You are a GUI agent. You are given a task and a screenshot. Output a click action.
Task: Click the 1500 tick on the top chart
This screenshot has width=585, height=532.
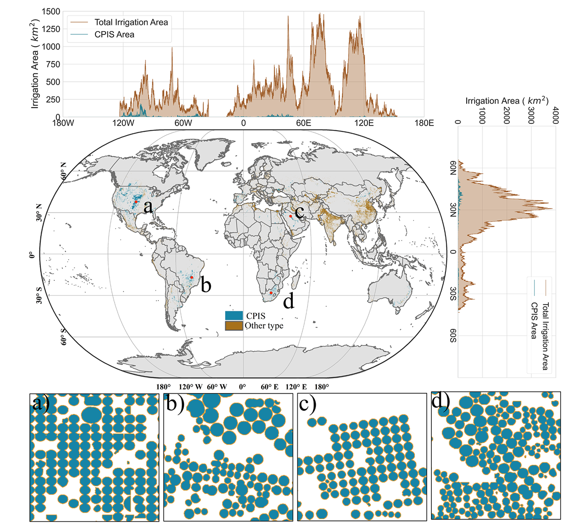(x=51, y=11)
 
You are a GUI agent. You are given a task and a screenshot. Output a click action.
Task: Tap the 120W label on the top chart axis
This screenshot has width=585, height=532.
(x=123, y=123)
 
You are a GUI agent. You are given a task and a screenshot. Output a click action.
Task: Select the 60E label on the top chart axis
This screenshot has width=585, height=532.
(x=304, y=123)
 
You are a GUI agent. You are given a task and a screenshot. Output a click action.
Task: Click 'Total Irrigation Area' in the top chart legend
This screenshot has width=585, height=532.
(x=131, y=22)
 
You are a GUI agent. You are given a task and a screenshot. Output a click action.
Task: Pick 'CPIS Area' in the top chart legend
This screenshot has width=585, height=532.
(x=114, y=34)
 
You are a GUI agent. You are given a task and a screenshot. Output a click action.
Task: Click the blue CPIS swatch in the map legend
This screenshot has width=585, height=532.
(x=234, y=316)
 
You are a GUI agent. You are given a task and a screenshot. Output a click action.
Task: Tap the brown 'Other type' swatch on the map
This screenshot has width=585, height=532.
(x=234, y=326)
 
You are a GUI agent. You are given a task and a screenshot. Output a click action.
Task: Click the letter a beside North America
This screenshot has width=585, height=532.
(x=148, y=206)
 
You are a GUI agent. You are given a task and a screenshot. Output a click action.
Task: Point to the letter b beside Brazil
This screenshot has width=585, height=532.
(x=206, y=285)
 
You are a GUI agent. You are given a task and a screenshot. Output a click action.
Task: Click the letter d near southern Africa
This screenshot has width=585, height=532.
(x=289, y=301)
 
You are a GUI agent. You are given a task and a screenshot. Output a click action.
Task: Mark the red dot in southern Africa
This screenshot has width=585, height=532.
(x=271, y=293)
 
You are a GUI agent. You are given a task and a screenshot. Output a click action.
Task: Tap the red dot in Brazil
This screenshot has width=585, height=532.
(x=192, y=278)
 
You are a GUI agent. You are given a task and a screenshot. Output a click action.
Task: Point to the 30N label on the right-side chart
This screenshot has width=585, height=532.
(x=453, y=210)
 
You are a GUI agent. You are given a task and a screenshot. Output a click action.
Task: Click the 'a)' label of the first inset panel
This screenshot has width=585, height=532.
(x=41, y=403)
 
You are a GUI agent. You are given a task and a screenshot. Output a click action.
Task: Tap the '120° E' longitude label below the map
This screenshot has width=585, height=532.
(x=296, y=387)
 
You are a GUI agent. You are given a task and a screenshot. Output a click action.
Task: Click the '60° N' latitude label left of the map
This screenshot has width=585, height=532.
(x=64, y=170)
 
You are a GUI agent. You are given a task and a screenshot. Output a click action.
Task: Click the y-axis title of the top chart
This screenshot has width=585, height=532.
(x=35, y=64)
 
